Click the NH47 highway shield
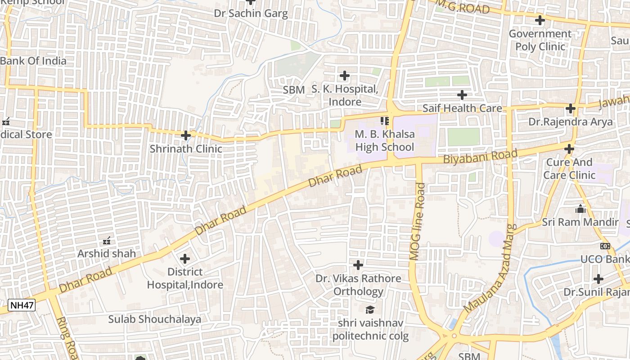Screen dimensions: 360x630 point(22,306)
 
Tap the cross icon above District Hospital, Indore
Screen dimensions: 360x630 point(185,259)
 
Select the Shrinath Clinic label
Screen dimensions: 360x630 point(186,148)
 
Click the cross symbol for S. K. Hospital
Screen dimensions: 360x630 point(345,76)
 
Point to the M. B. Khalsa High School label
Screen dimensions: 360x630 point(384,140)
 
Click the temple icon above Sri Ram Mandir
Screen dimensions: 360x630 point(580,209)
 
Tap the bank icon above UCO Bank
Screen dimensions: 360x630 point(605,246)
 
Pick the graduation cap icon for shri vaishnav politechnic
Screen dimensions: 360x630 point(370,310)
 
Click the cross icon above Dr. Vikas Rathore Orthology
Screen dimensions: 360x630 point(358,265)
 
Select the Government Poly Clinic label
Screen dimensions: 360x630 point(540,40)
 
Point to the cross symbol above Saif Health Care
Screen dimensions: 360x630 point(462,95)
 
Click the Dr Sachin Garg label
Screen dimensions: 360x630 point(251,13)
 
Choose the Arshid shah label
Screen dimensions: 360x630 point(107,253)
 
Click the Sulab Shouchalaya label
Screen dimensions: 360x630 point(154,319)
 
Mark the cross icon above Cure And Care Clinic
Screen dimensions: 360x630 point(569,149)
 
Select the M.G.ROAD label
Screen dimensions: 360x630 point(463,7)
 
